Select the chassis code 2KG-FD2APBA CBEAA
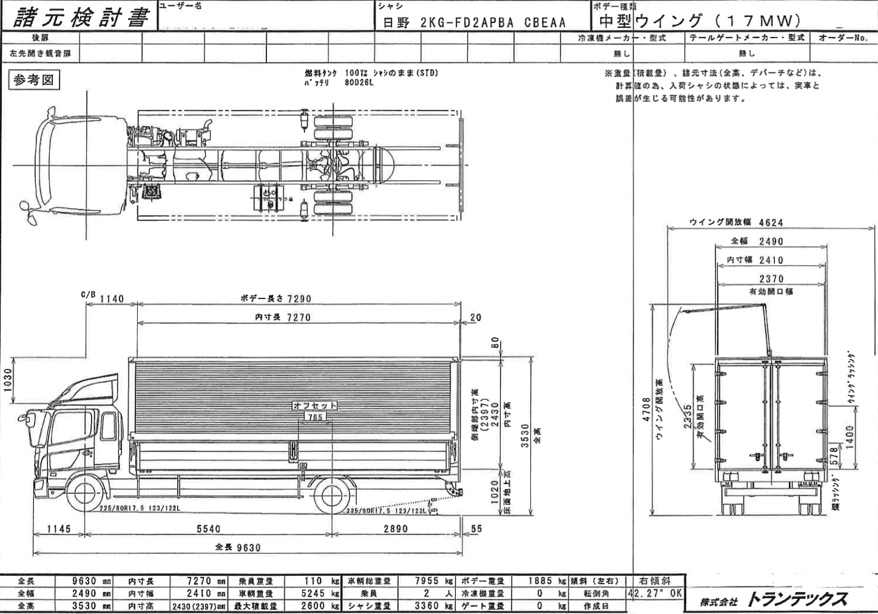492,23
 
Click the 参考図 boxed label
34,80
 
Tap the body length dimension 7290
299,299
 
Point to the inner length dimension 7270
298,317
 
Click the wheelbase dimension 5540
208,529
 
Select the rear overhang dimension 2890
396,529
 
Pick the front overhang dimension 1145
59,529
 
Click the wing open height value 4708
647,410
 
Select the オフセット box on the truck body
315,405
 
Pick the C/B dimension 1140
111,299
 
